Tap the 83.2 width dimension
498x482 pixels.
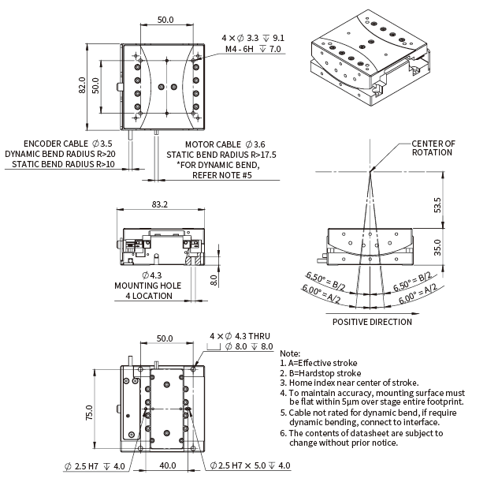(x=159, y=204)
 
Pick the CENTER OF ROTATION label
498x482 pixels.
(x=433, y=148)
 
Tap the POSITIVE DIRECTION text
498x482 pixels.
(x=372, y=321)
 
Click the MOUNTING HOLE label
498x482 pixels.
(x=147, y=286)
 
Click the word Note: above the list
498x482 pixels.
(x=290, y=353)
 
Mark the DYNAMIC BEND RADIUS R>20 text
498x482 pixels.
(x=60, y=154)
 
